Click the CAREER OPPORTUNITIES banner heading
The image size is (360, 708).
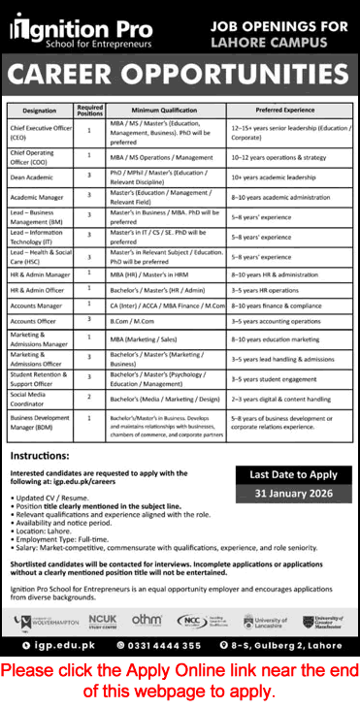click(x=180, y=74)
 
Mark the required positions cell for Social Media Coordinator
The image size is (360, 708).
click(x=89, y=397)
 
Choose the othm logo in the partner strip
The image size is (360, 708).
click(x=147, y=619)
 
